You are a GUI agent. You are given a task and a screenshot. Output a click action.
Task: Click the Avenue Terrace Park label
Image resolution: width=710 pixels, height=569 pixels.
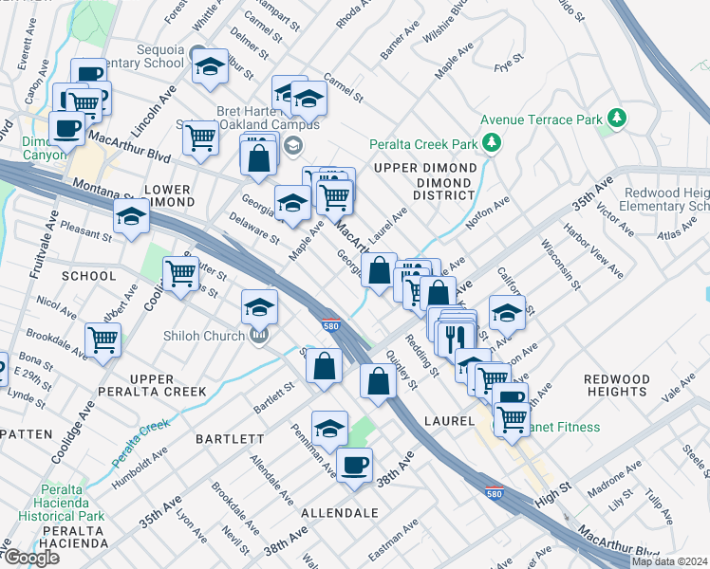point(541,120)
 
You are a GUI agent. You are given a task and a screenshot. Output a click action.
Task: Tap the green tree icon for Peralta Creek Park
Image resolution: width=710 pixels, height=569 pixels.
point(491,142)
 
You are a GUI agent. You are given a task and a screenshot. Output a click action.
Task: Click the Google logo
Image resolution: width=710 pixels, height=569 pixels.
point(31,558)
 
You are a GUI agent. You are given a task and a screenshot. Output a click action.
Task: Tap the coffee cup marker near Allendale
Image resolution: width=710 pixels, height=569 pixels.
point(355,465)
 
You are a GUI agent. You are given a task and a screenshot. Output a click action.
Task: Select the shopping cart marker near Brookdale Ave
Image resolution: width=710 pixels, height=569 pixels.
point(103,339)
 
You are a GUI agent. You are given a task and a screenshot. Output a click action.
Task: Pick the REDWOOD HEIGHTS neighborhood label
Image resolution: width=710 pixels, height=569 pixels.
point(618,385)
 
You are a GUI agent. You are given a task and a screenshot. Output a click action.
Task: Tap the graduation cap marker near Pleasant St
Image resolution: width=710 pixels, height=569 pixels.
point(132,216)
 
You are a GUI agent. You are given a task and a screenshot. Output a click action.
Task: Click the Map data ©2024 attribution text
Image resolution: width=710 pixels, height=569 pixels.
point(668,561)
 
